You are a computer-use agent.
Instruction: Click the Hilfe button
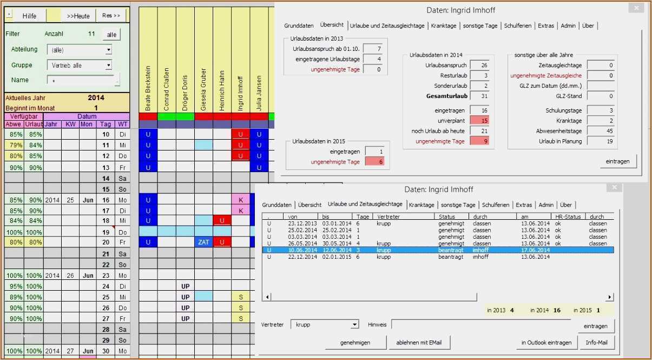[29, 16]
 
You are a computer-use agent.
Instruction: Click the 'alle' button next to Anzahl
[111, 34]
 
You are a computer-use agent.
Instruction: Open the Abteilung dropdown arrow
[109, 50]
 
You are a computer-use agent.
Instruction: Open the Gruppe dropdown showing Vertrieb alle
[109, 66]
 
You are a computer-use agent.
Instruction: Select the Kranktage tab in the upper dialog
[444, 25]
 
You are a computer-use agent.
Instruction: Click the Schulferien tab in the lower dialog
[496, 205]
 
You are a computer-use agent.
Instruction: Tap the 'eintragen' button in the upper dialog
[617, 161]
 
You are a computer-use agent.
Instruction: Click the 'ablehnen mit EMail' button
[419, 342]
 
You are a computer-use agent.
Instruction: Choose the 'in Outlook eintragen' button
[546, 342]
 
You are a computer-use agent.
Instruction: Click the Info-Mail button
[596, 342]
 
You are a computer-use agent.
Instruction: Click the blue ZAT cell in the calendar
[203, 243]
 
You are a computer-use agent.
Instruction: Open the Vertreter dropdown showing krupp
[354, 325]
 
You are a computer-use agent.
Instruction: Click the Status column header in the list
[447, 216]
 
